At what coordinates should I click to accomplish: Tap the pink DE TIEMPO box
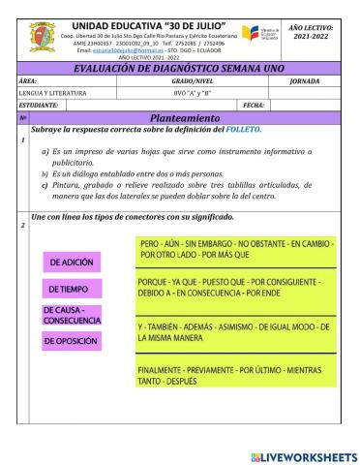pyautogui.click(x=72, y=289)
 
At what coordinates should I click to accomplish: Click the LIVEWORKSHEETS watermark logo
pyautogui.click(x=302, y=454)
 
